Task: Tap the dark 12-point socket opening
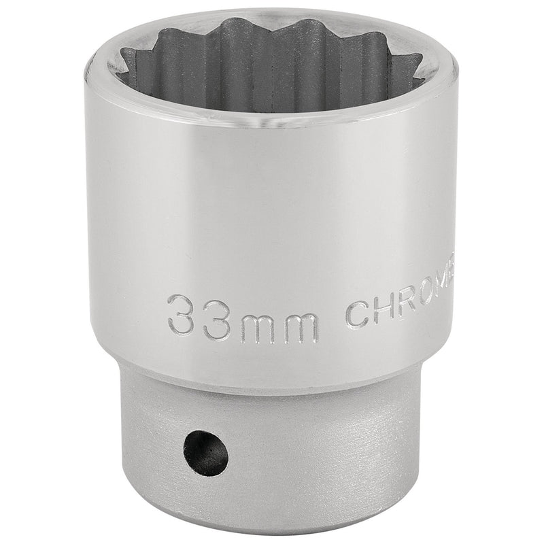point(272,68)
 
